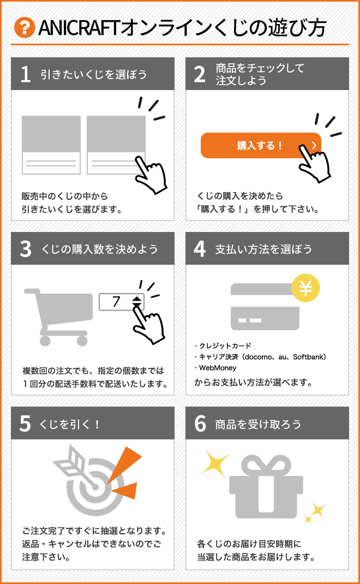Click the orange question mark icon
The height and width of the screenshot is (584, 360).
pos(25,27)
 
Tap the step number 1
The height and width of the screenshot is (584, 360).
pos(25,74)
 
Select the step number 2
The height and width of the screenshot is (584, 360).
pos(200,74)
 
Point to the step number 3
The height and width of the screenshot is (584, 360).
pos(25,249)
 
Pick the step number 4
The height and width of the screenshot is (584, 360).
pos(200,249)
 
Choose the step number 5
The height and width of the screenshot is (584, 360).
pos(25,424)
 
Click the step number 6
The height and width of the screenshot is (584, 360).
pos(200,424)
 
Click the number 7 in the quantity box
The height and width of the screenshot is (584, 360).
pos(116,301)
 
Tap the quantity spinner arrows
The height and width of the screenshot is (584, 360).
pos(137,302)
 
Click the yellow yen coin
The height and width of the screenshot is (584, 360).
pos(305,288)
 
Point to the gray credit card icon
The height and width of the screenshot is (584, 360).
pos(265,307)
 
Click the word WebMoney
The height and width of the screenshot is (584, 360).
pos(218,368)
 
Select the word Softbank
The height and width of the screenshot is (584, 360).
pos(308,357)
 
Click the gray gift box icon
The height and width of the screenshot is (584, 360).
pos(266,487)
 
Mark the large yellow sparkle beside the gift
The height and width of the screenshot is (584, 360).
pos(215,462)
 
